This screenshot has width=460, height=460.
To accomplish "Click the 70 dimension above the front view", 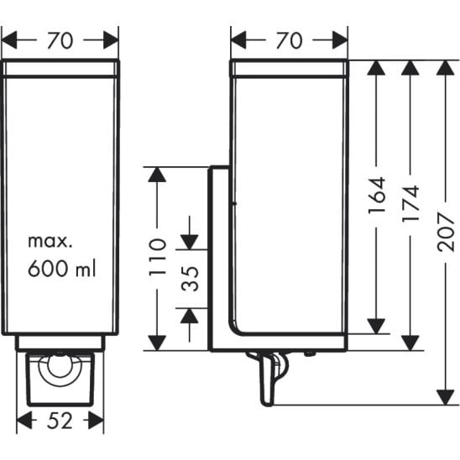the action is (60, 40).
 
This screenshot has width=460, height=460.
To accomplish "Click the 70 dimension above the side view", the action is (289, 40).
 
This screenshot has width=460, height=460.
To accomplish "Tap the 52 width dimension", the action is (60, 421).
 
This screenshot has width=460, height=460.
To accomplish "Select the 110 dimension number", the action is (158, 258).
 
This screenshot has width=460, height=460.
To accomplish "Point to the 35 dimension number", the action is (190, 279).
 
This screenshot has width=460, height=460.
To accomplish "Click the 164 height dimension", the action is (376, 196).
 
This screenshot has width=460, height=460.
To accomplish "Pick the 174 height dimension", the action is (410, 203).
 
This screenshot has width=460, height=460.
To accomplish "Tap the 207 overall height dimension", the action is (446, 232).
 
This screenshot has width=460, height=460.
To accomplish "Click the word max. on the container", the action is (50, 241).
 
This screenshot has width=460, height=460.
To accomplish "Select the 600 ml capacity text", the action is (62, 268).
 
